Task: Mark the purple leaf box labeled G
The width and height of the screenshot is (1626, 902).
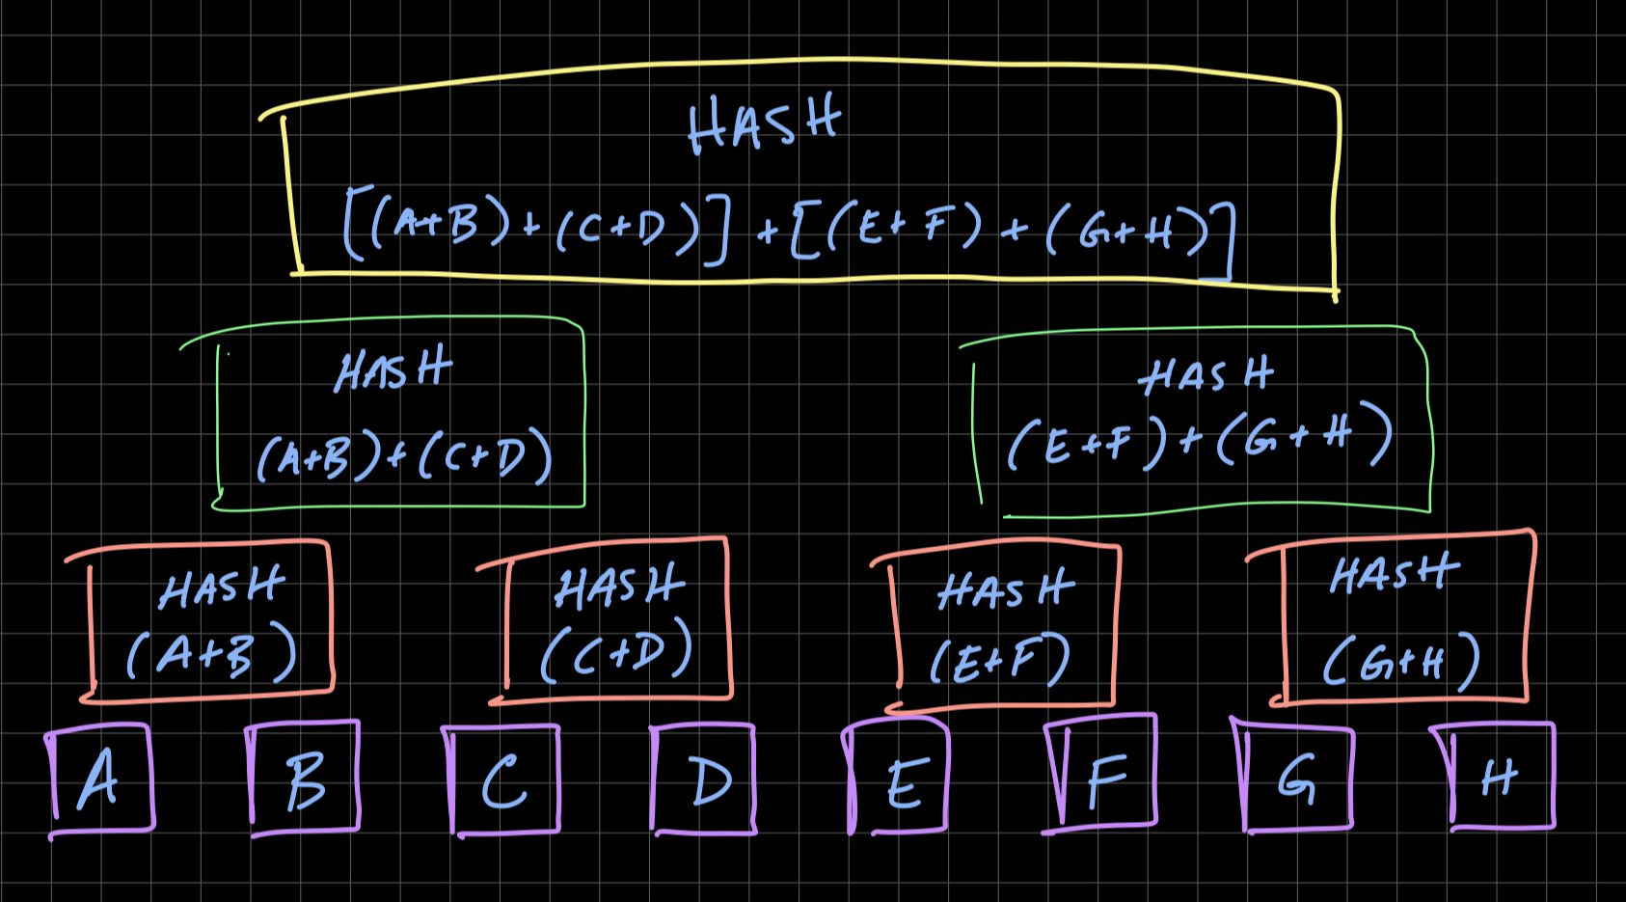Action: (x=1298, y=778)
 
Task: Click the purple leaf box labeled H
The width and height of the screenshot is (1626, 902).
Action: (x=1501, y=776)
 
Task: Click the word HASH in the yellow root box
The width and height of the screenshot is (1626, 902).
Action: (x=764, y=127)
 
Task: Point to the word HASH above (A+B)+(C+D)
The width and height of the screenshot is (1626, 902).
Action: (x=393, y=370)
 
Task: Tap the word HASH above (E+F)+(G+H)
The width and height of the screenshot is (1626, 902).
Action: (x=1206, y=374)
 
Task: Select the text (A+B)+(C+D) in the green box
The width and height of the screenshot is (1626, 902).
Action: (x=403, y=458)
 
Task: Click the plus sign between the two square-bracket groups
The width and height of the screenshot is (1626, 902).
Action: (x=768, y=232)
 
